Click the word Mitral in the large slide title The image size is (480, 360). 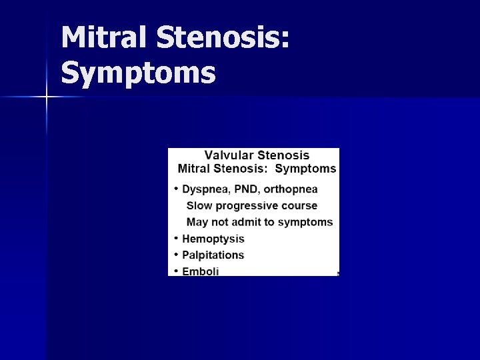(103, 38)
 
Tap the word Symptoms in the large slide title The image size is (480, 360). (138, 73)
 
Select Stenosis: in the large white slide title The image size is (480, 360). (224, 38)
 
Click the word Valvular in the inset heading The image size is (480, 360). (228, 155)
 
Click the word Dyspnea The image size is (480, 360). (205, 189)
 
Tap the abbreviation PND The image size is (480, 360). (246, 189)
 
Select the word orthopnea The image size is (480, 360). (291, 189)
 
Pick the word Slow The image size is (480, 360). (199, 206)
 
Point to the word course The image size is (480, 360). (298, 206)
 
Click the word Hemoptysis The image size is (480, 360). (213, 239)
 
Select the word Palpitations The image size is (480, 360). (213, 255)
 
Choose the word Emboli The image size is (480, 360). (201, 271)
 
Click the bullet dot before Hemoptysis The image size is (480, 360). (176, 238)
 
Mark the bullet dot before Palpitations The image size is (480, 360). (176, 254)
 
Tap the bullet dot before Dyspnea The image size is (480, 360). (176, 189)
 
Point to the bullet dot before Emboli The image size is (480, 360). (176, 271)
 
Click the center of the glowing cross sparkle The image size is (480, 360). (47, 97)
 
